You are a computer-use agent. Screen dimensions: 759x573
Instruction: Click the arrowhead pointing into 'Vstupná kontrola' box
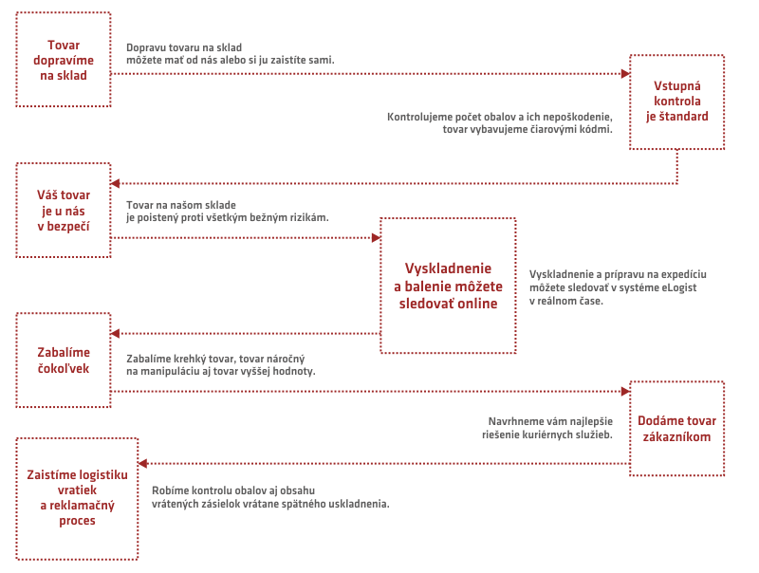625,74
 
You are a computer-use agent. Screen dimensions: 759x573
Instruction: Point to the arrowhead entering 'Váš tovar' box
115,183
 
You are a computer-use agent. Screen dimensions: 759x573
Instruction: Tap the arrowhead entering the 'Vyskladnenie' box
376,237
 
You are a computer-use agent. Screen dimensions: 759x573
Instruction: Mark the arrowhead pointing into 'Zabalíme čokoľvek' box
115,333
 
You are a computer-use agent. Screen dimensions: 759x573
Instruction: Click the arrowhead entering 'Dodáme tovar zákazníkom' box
625,391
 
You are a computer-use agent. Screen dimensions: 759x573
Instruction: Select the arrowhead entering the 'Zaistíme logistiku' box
143,464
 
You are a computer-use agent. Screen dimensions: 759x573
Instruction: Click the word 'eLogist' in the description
678,287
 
